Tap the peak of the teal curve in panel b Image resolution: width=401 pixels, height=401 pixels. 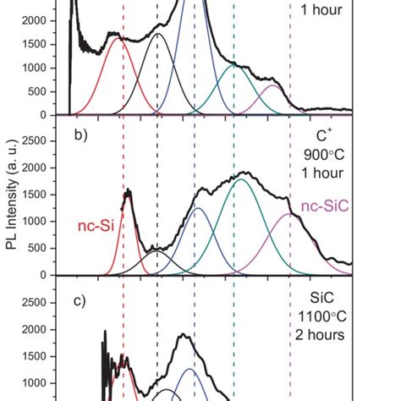[242, 179]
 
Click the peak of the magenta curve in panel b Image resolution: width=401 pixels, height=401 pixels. [289, 213]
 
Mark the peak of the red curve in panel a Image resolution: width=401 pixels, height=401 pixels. [119, 38]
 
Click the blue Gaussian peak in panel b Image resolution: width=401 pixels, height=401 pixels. [197, 208]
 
